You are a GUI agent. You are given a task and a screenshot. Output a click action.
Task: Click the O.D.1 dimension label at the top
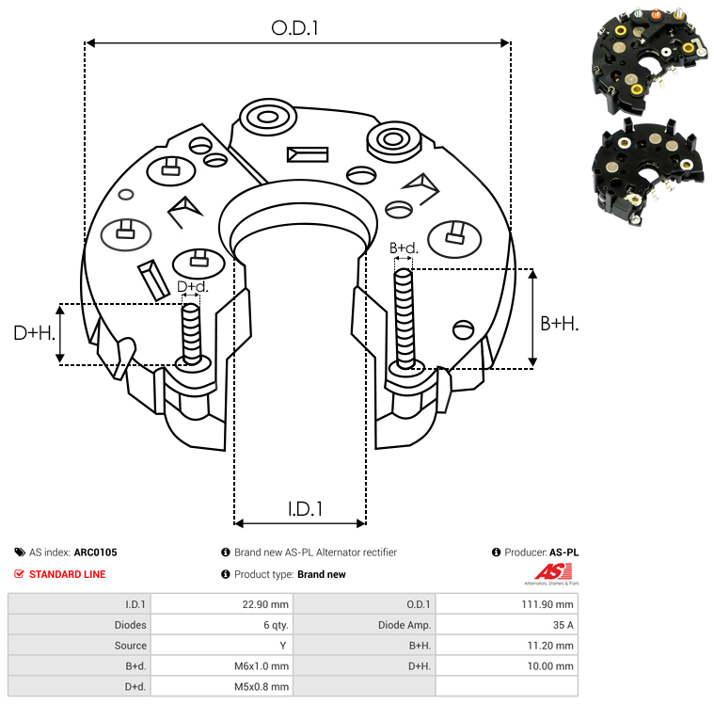(295, 28)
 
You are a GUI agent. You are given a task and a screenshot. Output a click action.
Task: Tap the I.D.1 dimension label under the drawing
(305, 509)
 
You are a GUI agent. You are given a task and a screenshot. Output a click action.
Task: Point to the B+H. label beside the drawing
(560, 323)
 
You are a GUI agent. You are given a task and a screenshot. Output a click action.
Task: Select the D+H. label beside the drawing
(35, 332)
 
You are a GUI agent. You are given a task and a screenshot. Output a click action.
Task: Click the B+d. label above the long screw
(404, 248)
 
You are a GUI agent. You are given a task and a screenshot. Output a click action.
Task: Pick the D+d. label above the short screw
(192, 286)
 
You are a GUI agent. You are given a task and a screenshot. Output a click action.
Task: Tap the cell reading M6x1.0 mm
(261, 666)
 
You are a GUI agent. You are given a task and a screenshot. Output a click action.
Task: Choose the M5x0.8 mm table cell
(261, 687)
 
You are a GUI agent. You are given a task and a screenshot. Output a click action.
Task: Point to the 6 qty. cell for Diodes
(274, 625)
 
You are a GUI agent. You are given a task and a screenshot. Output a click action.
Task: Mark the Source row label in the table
(131, 646)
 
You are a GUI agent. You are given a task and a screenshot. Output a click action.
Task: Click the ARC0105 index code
(96, 552)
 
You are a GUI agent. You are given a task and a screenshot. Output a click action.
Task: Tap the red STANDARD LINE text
(68, 574)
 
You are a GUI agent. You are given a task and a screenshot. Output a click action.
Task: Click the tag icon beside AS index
(20, 552)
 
